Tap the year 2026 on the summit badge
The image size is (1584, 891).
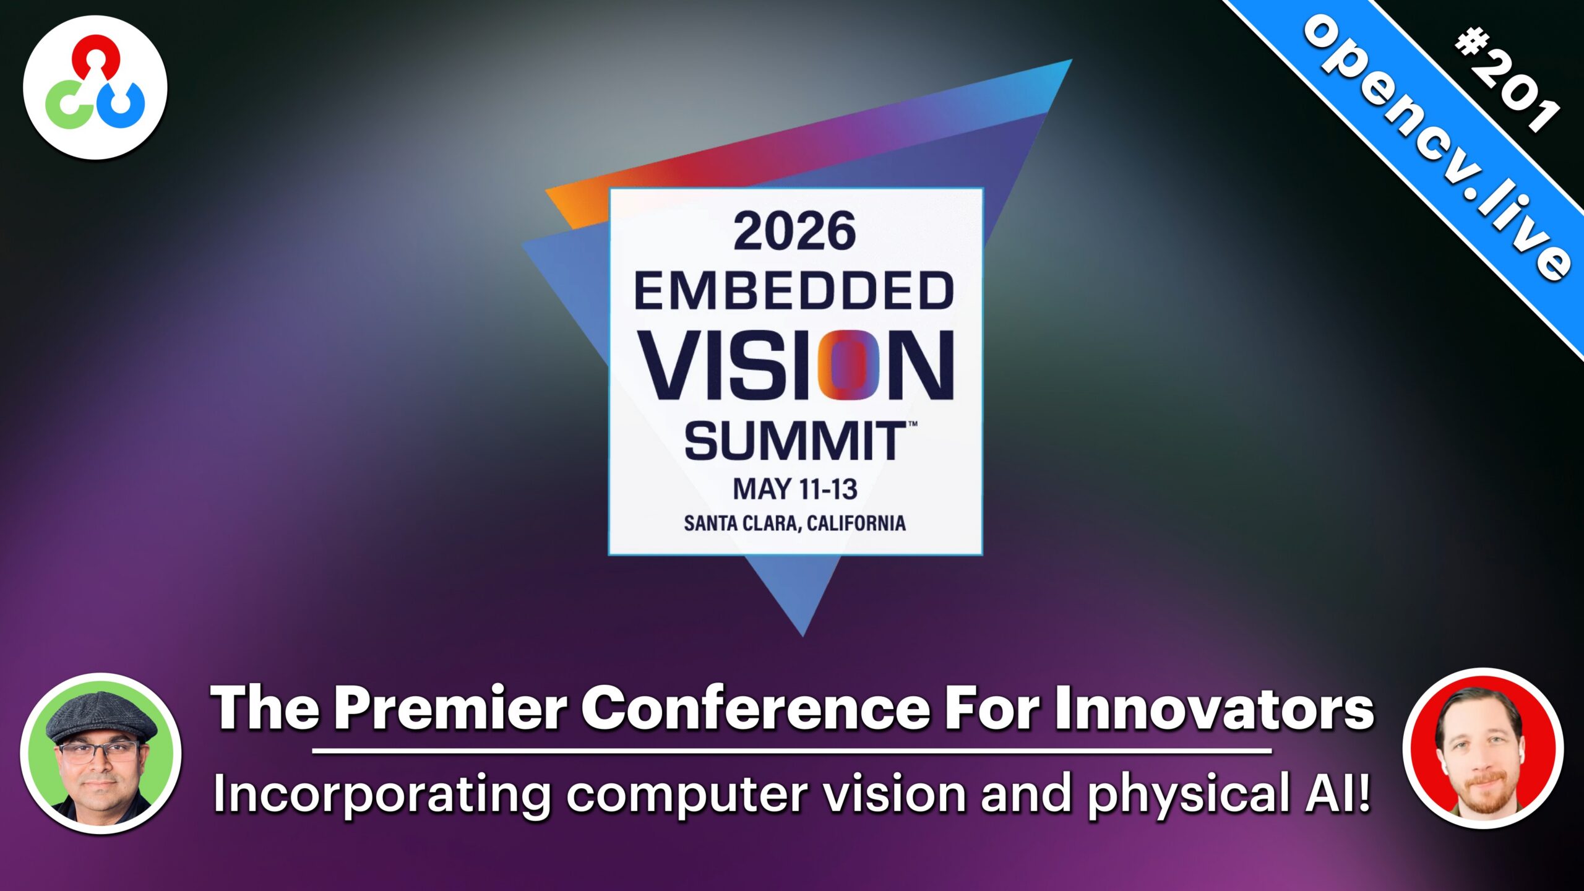click(x=795, y=231)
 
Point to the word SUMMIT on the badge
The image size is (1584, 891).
click(x=796, y=441)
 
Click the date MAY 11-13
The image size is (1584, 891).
click(x=795, y=489)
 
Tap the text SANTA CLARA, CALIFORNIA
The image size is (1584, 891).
click(x=795, y=523)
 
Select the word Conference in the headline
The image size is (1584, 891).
click(x=755, y=708)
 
